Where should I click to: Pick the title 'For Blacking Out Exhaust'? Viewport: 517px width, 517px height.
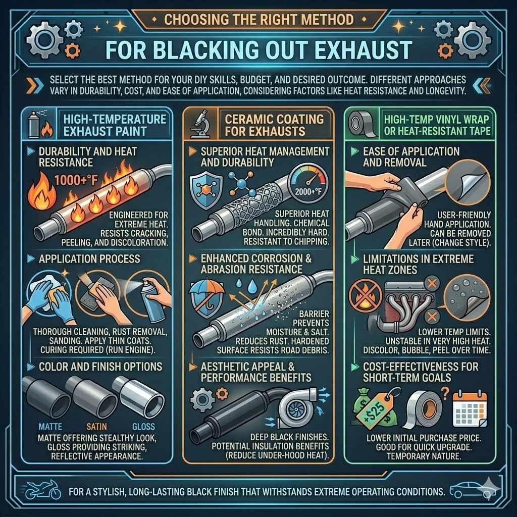tap(257, 50)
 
